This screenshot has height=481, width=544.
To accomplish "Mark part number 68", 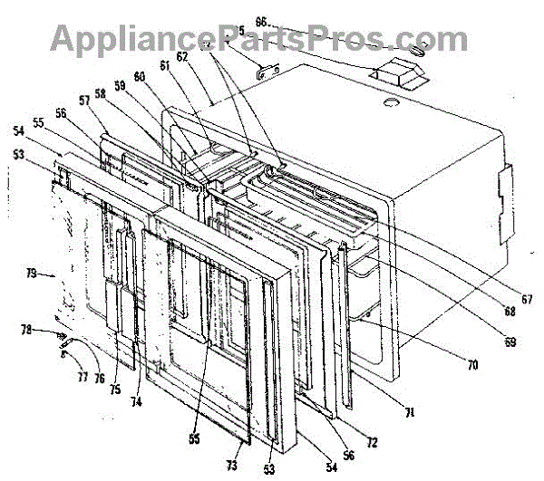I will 511,313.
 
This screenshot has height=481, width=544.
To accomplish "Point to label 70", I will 472,366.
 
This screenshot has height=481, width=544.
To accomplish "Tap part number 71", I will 409,412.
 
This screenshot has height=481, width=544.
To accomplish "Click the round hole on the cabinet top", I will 391,106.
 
